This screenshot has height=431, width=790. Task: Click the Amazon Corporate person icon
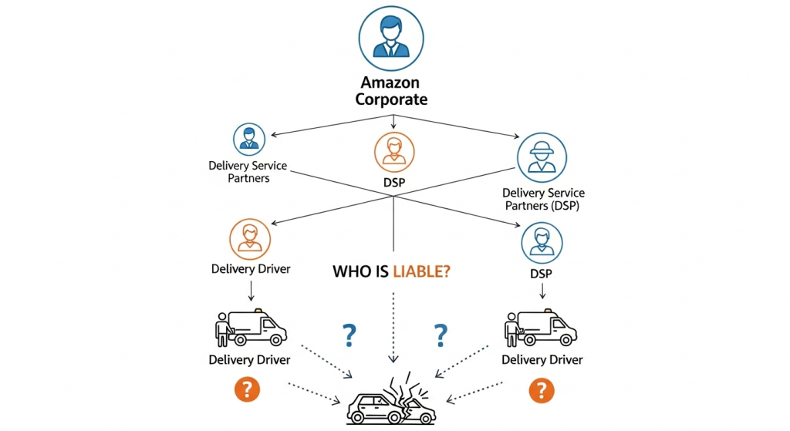(391, 37)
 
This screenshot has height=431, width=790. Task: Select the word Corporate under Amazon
(390, 99)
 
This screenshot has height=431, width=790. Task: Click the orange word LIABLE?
(421, 271)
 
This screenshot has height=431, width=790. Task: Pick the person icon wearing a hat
(542, 157)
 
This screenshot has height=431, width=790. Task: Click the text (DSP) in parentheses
(563, 207)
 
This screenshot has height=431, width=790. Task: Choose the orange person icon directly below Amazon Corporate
(393, 151)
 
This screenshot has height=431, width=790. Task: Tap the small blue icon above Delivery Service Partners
(248, 140)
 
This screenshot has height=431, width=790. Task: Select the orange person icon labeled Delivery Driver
(250, 238)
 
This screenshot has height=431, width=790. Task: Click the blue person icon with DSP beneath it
(542, 244)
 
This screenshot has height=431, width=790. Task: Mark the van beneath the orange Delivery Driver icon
(251, 329)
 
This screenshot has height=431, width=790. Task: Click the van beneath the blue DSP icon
(541, 329)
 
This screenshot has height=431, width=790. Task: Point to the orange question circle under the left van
(246, 389)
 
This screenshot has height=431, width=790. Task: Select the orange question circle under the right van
(541, 390)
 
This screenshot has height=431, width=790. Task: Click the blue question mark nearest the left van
(349, 335)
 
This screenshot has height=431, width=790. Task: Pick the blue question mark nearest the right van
(441, 335)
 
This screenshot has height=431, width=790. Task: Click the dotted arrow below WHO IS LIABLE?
(393, 324)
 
